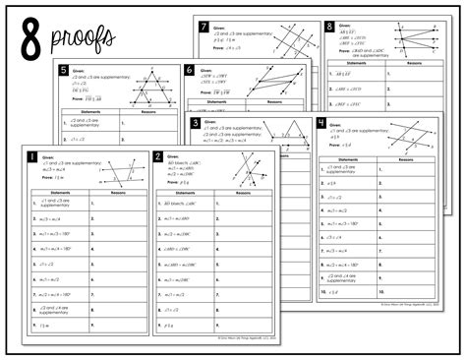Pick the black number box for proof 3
197,124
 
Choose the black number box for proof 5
63,70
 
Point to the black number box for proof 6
189,70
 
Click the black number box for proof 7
203,27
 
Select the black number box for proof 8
328,28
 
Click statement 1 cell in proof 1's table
57,204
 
